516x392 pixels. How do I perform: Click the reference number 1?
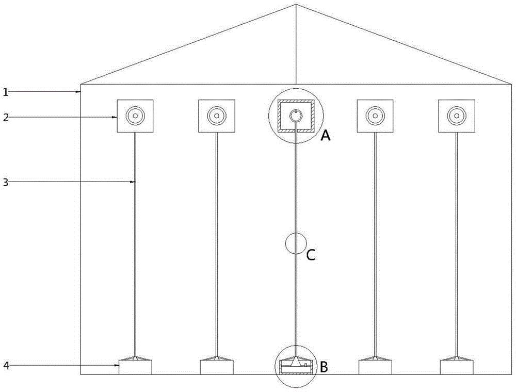click(5, 92)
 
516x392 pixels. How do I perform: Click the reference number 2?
click(5, 117)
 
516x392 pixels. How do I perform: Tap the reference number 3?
click(5, 182)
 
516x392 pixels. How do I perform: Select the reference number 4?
click(5, 366)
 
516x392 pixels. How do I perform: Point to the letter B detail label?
click(324, 367)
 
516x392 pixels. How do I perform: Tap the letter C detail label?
click(311, 255)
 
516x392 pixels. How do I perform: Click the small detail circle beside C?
click(296, 243)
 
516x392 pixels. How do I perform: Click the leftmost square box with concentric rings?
click(135, 116)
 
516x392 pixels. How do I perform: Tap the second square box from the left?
click(217, 116)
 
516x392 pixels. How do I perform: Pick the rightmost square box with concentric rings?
click(456, 116)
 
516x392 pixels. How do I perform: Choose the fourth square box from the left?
click(375, 116)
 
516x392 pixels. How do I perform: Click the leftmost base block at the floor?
click(135, 367)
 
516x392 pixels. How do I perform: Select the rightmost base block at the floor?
click(456, 367)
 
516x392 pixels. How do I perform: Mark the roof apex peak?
click(296, 5)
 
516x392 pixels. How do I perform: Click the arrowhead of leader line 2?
click(116, 117)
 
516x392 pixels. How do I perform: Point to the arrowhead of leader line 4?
click(117, 366)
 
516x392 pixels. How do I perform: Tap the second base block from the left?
click(217, 367)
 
